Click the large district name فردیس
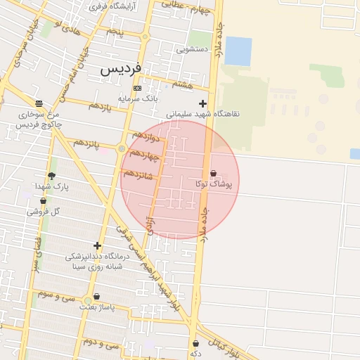[x=120, y=69]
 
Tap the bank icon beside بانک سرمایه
[x=137, y=88]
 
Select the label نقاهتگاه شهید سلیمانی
[x=202, y=113]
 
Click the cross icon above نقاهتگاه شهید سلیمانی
[x=203, y=103]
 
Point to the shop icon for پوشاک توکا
[x=213, y=174]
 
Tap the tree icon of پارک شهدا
[x=51, y=176]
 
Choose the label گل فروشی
[x=44, y=211]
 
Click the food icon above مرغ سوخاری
[x=39, y=103]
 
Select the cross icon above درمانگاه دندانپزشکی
[x=97, y=245]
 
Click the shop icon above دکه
[x=195, y=343]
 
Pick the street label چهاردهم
[x=145, y=153]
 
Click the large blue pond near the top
[x=238, y=51]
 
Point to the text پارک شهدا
[x=51, y=187]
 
